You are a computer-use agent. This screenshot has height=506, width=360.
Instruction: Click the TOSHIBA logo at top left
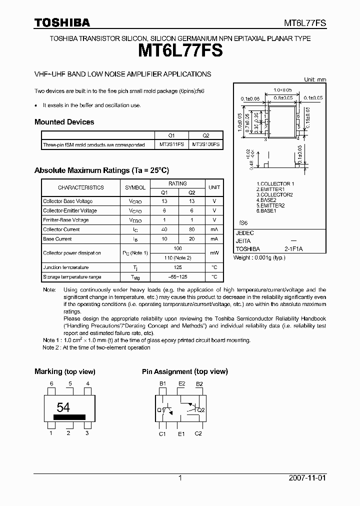click(x=62, y=22)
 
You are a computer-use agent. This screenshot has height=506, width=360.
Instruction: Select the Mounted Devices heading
click(x=64, y=122)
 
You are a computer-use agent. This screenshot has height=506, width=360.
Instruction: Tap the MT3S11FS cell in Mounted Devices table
click(x=171, y=144)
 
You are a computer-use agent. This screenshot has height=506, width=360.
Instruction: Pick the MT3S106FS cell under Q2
click(x=206, y=144)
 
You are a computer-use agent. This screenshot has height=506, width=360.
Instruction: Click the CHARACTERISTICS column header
click(x=80, y=187)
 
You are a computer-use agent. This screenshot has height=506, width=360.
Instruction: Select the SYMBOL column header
click(x=135, y=187)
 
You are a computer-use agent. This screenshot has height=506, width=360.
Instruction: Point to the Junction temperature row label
click(x=65, y=267)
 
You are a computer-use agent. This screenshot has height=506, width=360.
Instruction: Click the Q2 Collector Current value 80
click(x=192, y=229)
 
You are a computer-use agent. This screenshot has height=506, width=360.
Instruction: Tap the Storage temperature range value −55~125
click(x=177, y=277)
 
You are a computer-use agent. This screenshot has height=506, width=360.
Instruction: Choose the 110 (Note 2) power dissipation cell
click(x=177, y=258)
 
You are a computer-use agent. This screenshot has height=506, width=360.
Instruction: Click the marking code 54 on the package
click(x=63, y=406)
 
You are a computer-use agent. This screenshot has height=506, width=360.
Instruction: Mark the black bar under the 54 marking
click(x=69, y=416)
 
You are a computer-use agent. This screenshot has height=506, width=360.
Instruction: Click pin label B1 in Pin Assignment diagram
click(x=162, y=383)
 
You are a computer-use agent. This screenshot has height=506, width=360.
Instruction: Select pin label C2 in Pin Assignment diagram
click(x=198, y=433)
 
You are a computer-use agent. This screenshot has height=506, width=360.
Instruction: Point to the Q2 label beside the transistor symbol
click(x=201, y=410)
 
